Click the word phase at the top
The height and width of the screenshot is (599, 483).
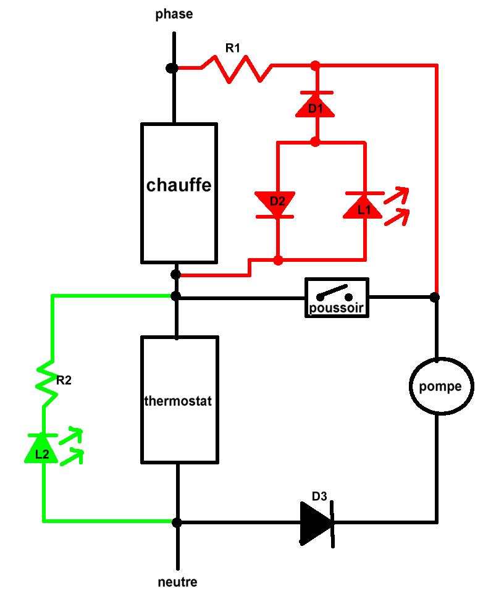(x=174, y=14)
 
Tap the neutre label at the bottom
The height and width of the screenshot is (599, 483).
(x=177, y=582)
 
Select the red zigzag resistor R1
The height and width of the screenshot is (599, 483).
(x=237, y=69)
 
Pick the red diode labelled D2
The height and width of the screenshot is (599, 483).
(x=276, y=204)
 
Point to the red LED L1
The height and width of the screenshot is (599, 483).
(x=364, y=206)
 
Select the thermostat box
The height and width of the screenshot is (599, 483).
(x=178, y=400)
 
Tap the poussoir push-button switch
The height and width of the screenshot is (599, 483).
(x=337, y=298)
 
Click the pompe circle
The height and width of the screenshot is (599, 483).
(x=440, y=387)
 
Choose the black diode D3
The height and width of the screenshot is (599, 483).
(x=317, y=522)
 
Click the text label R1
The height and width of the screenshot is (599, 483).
(x=232, y=48)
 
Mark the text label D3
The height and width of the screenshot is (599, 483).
(x=320, y=496)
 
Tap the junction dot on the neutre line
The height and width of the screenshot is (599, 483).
(x=177, y=522)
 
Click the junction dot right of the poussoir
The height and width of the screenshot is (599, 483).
(x=435, y=297)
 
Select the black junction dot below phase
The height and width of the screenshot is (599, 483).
(x=172, y=67)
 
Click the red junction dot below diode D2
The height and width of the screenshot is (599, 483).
(x=278, y=260)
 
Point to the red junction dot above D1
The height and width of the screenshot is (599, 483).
(x=315, y=64)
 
